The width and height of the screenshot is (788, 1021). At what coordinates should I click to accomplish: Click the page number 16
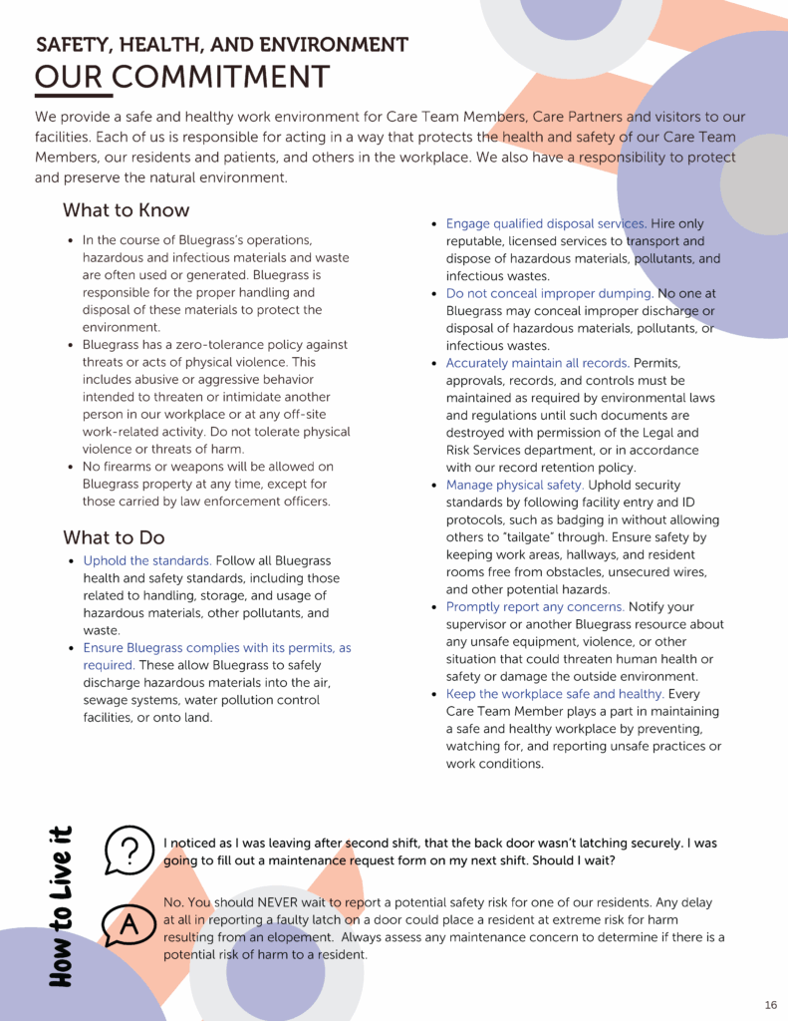pos(770,1004)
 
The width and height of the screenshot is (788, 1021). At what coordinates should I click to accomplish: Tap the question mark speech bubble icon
pos(128,851)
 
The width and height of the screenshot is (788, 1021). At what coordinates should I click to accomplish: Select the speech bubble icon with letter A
pos(127,927)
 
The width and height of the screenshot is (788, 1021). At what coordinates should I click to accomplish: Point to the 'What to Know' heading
pos(126,210)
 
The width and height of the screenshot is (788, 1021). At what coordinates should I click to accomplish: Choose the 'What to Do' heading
pos(114,537)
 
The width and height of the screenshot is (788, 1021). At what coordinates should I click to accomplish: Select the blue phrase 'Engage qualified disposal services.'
pos(546,223)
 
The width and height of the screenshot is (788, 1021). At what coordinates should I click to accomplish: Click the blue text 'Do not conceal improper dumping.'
pos(549,294)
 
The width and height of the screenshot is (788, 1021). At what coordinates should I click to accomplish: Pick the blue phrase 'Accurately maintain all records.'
pos(537,363)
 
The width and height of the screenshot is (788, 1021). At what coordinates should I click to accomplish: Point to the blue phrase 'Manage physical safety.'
pos(514,486)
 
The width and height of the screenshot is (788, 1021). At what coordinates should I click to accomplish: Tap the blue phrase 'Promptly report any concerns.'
pos(535,607)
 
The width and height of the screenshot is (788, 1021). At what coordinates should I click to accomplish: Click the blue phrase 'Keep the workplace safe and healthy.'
pos(555,694)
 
